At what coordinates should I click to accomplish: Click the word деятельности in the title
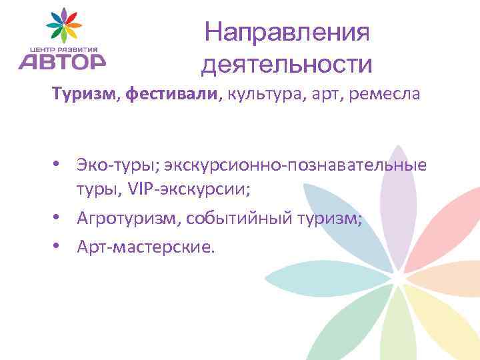click(x=287, y=65)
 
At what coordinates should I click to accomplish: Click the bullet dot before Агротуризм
click(x=59, y=218)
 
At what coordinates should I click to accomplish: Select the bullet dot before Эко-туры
click(x=59, y=164)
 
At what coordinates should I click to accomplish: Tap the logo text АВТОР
click(x=61, y=61)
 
